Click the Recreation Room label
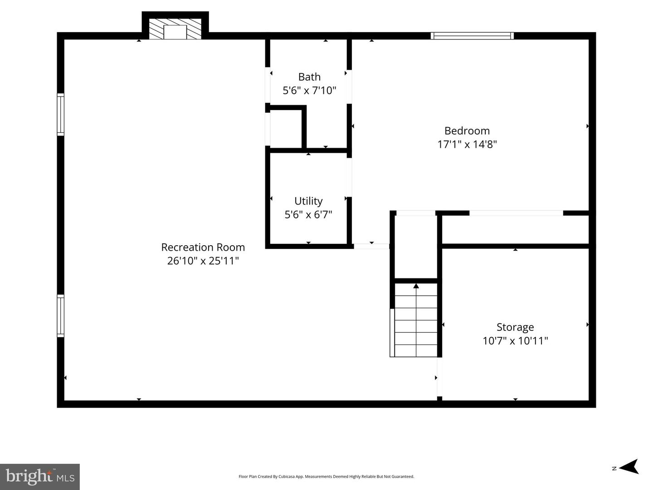(x=203, y=247)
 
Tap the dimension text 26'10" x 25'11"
(x=203, y=261)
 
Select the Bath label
(x=309, y=77)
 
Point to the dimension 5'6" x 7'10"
(x=309, y=91)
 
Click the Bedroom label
(x=467, y=131)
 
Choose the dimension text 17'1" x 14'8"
(x=467, y=145)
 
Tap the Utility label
(x=308, y=201)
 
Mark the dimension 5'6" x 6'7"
(x=308, y=214)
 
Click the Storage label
(x=515, y=327)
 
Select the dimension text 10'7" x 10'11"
(x=515, y=341)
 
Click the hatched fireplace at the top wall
(x=175, y=29)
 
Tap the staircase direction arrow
(x=416, y=286)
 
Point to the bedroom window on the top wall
(x=472, y=36)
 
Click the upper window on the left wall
(x=60, y=114)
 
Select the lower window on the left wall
(x=60, y=315)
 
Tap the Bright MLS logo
(x=40, y=476)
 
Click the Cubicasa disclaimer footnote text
(x=326, y=476)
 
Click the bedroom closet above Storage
(x=515, y=230)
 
